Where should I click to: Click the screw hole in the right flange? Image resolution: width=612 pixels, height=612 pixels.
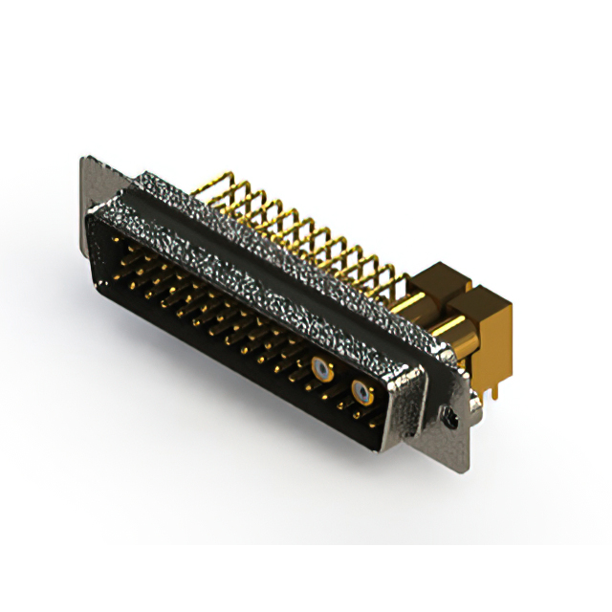[x=446, y=416]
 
